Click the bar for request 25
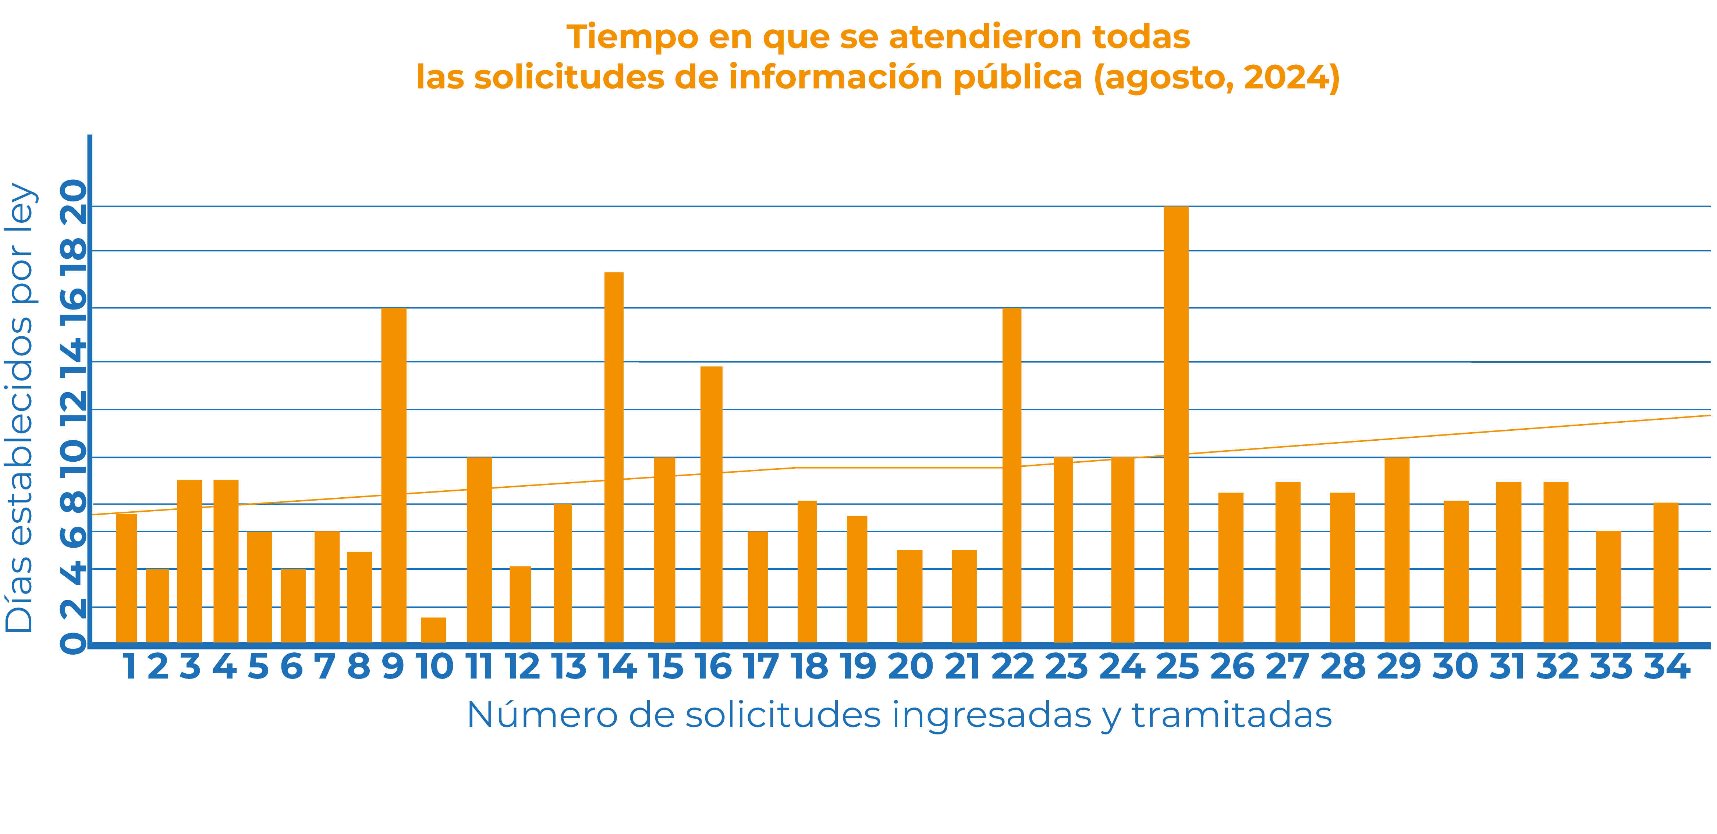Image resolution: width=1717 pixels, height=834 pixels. (x=1176, y=424)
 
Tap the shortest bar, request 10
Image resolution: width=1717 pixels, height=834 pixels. (x=433, y=630)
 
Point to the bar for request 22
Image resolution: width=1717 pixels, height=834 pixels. (x=1012, y=475)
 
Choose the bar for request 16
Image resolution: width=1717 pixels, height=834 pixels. (x=711, y=504)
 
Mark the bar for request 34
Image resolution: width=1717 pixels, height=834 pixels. (x=1665, y=573)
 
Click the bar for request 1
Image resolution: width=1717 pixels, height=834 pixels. (x=127, y=578)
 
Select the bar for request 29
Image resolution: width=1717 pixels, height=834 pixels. (x=1397, y=550)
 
